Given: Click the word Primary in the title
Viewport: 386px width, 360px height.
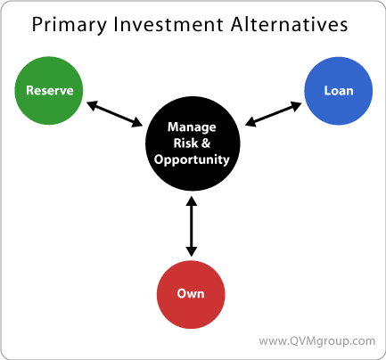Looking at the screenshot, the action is click(69, 25).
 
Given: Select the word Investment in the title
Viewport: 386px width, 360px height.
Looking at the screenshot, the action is click(168, 24).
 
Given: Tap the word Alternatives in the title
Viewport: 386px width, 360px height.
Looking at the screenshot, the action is click(289, 24).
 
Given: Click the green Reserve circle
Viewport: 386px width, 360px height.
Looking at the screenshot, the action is click(49, 91).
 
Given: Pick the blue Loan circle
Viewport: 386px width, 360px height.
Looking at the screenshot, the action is click(338, 91).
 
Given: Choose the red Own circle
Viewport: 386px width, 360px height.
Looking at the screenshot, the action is click(191, 294).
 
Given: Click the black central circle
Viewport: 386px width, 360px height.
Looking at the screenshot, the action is click(193, 143).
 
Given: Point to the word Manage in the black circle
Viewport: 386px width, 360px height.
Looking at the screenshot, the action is click(192, 127).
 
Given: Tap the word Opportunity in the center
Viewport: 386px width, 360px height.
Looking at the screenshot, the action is click(192, 160).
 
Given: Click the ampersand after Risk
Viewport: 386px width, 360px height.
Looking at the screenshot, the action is click(206, 143).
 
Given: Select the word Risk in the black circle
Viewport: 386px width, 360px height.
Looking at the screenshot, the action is click(185, 143).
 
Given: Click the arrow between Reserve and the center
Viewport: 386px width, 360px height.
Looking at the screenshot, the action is click(114, 114).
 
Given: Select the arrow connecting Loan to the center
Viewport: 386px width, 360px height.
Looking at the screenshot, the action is click(274, 114).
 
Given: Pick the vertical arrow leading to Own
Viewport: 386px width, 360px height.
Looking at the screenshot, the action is click(192, 226).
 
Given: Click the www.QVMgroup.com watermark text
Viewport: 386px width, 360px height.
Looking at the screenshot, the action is click(317, 341).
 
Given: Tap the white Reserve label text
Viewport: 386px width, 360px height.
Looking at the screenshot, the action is click(50, 90).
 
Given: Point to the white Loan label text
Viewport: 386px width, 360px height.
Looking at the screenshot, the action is click(339, 91).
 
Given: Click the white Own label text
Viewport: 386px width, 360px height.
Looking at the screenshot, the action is click(191, 293).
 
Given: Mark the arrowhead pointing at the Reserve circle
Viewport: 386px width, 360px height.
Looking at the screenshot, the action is click(93, 105).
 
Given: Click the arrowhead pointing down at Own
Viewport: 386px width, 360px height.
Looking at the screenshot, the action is click(192, 251).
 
